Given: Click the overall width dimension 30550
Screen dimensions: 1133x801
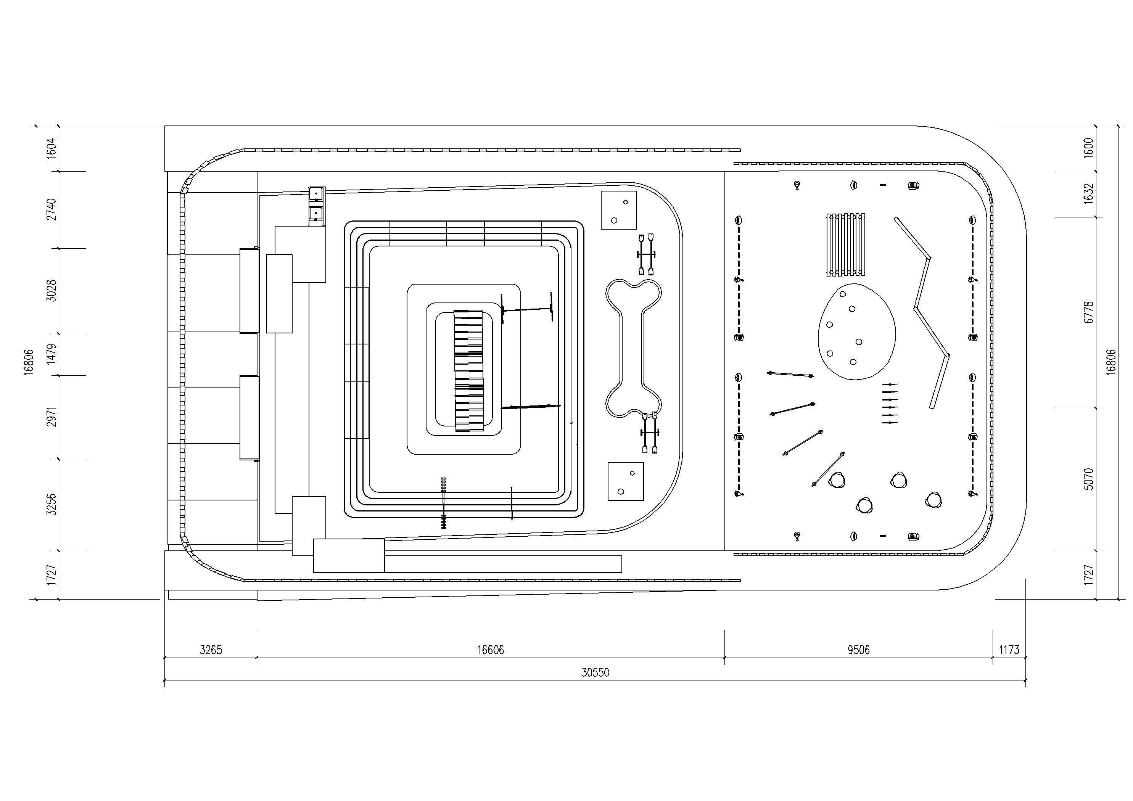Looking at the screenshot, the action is click(595, 672).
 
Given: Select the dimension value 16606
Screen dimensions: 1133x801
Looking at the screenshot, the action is click(491, 650).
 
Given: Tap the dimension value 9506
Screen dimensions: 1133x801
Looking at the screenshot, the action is click(859, 650).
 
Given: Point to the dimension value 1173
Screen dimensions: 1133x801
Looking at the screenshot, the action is click(1009, 650).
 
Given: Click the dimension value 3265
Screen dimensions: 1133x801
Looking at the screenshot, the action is click(211, 650).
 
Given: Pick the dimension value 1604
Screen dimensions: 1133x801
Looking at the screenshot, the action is click(51, 148).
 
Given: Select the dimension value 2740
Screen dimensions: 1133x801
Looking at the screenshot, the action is click(51, 209).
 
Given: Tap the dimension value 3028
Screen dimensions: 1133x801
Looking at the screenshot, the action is click(51, 291).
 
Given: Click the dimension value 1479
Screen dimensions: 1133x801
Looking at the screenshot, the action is click(51, 354).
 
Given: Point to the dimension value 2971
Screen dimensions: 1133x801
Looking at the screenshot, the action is click(51, 417).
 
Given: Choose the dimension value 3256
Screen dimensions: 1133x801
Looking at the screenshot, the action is click(51, 504).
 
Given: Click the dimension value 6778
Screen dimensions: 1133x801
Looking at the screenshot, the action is click(1089, 312).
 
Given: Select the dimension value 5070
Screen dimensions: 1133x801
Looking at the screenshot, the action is click(1089, 479).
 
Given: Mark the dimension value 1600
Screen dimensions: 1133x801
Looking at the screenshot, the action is click(1089, 148).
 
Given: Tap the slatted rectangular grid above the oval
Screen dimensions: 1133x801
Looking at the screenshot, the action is click(846, 245).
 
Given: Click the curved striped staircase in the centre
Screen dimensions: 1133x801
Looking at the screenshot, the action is click(468, 370).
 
